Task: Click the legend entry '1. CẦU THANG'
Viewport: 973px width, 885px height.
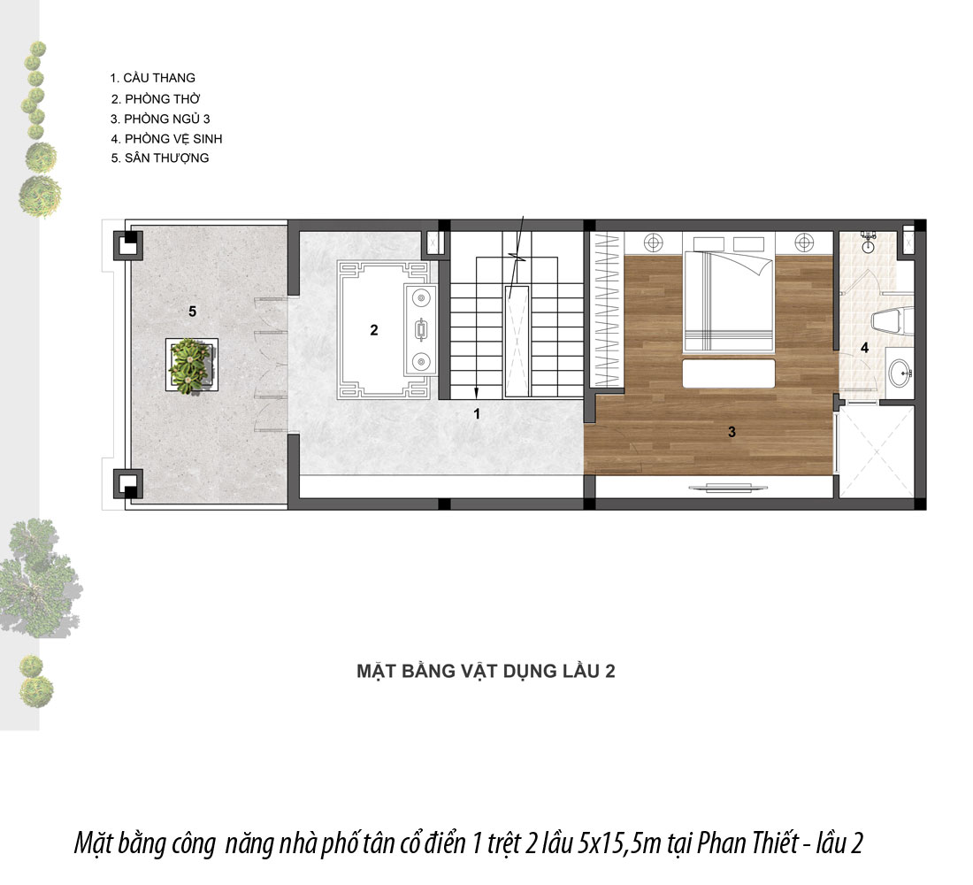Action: (153, 78)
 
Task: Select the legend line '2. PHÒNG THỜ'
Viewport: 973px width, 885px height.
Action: (156, 99)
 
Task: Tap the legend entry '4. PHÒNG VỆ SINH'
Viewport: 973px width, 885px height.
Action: (166, 138)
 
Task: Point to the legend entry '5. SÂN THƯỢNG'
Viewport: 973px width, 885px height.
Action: (160, 158)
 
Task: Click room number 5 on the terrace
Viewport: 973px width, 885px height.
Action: (192, 312)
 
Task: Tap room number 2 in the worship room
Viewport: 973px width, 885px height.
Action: (373, 330)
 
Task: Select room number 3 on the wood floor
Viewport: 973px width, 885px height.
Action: (732, 432)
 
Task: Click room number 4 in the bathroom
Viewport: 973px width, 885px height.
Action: (864, 348)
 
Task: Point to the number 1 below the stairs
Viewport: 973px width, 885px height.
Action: (477, 413)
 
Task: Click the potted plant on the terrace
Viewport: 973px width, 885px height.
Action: (191, 365)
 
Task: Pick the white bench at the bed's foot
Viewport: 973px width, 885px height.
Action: (729, 373)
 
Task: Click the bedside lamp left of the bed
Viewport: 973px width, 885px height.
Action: (654, 242)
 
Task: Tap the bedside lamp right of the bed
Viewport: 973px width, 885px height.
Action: (804, 242)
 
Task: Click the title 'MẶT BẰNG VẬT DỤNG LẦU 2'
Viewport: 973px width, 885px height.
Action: (486, 671)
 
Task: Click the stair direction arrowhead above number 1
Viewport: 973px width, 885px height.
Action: (477, 393)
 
